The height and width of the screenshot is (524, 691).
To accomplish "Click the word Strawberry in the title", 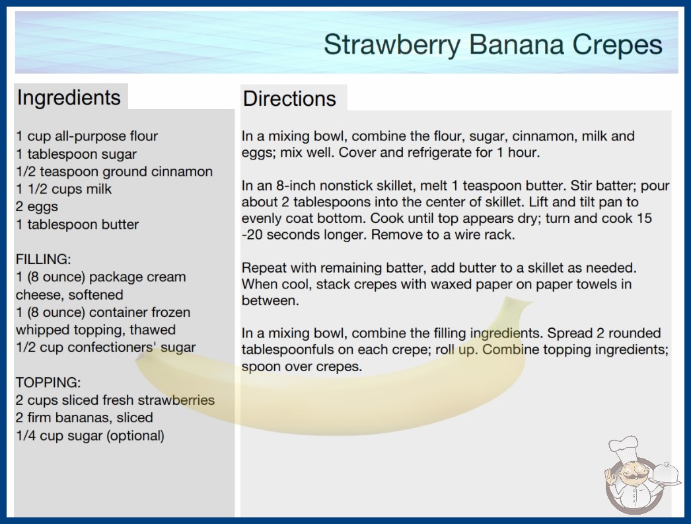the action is click(392, 44).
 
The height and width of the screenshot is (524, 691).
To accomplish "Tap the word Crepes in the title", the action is click(617, 44).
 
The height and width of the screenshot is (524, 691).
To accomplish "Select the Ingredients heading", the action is click(69, 97).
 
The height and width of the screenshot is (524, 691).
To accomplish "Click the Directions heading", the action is click(289, 99).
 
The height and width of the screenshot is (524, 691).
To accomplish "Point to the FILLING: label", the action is click(43, 259).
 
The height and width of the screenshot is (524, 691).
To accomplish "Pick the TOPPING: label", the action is click(48, 382).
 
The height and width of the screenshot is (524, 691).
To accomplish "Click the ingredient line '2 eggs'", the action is click(37, 206).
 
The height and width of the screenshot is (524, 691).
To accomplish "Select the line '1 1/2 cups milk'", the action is click(64, 189).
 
